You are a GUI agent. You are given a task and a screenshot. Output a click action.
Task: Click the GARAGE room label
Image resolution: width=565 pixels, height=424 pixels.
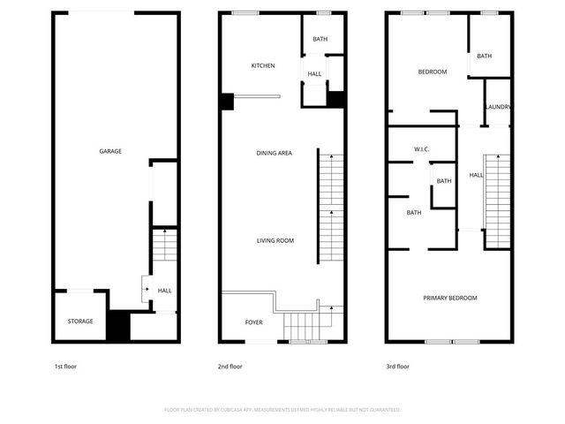110,151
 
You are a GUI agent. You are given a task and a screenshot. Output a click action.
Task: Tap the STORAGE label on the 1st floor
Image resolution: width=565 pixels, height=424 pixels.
80,321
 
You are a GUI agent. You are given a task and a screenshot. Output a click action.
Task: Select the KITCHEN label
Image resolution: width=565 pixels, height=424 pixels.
263,65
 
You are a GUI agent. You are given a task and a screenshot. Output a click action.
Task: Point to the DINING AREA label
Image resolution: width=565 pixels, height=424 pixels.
275,153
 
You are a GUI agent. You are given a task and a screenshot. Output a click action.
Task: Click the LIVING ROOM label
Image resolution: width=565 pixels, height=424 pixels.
275,240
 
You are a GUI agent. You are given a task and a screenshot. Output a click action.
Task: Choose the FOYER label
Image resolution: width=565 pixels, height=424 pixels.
253,322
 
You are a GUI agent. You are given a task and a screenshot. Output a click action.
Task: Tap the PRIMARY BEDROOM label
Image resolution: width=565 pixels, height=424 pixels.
450,298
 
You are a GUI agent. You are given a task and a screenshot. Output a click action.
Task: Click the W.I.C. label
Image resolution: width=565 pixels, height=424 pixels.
421,149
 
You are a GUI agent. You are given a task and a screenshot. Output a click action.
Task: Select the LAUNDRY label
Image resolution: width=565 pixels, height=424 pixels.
498,108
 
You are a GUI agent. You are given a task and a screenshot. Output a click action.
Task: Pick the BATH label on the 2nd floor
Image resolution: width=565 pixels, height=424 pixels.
320,39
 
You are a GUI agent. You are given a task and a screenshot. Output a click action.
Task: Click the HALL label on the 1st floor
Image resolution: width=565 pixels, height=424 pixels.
164,291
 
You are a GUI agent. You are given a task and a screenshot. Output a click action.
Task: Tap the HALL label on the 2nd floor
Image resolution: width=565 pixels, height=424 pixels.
315,73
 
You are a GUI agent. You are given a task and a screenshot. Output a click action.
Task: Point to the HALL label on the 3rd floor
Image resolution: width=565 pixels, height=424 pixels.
476,175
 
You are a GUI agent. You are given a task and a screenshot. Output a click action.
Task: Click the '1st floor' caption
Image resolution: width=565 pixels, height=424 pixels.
65,366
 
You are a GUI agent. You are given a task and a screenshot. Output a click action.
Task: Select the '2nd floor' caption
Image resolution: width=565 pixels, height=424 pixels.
230,366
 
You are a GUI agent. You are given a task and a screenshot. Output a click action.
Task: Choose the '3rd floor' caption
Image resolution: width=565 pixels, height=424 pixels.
397,366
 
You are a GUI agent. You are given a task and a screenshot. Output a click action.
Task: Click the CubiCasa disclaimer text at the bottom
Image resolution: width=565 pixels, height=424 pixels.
282,410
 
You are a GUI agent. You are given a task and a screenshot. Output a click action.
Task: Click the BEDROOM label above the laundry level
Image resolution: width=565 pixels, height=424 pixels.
432,72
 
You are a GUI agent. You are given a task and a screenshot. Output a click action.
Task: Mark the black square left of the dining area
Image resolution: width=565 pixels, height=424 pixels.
227,102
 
